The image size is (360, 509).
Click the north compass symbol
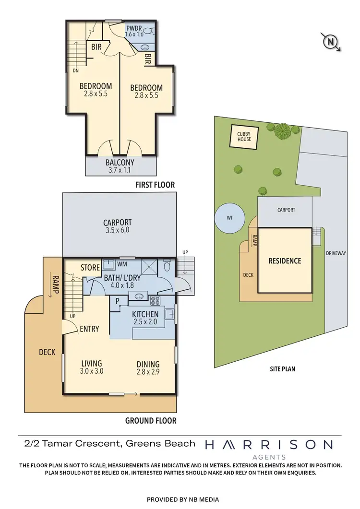[330, 43]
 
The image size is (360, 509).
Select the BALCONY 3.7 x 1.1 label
[120, 166]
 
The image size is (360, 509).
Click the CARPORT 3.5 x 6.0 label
[118, 226]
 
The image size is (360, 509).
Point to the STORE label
[90, 268]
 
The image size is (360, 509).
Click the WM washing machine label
[122, 264]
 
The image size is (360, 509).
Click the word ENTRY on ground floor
[89, 329]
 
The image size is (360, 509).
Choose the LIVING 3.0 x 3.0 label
[91, 367]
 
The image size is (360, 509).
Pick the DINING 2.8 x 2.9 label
[148, 367]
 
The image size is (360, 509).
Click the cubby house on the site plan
[244, 136]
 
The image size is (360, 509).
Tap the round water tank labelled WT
[230, 217]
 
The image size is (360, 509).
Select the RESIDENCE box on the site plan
[285, 260]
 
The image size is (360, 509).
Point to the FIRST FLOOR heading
[155, 185]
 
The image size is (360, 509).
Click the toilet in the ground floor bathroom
[167, 266]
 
